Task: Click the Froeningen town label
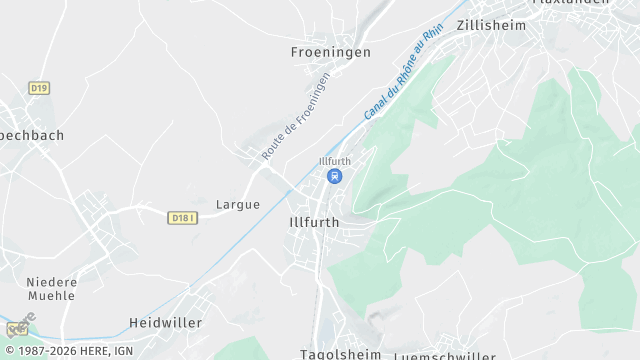point(330,52)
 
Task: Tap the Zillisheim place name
point(491,26)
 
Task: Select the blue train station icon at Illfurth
point(334,176)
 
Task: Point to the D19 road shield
point(39,88)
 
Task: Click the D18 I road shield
point(181,217)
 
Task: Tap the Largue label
point(238,204)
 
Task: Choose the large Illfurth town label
point(313,222)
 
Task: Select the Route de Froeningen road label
point(295,117)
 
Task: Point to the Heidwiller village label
point(166,323)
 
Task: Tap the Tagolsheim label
point(340,354)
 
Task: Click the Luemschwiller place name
point(444,356)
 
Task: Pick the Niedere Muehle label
point(51,289)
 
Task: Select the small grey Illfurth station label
point(334,161)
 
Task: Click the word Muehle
point(51,296)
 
